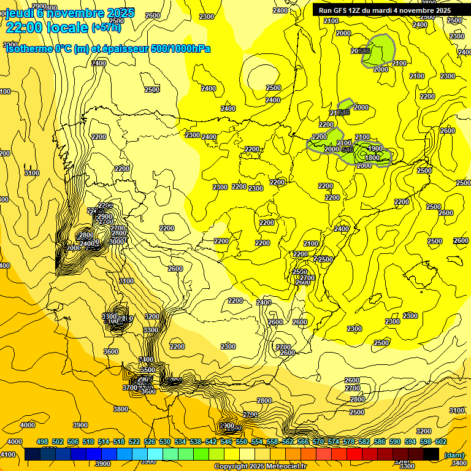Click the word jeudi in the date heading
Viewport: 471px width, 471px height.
tap(20, 12)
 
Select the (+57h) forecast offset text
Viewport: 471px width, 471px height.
tap(105, 27)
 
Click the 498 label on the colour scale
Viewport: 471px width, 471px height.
tap(42, 442)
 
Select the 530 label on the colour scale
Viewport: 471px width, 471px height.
tap(164, 442)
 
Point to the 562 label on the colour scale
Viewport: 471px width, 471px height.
tap(287, 442)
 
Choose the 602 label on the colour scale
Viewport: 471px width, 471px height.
tap(440, 442)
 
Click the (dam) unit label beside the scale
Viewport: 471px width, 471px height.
tap(454, 455)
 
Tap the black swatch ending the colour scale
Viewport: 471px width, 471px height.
tap(431, 454)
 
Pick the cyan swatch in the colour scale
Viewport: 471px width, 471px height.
tap(155, 454)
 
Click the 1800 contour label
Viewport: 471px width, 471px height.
tap(372, 158)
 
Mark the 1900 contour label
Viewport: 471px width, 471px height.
tap(375, 149)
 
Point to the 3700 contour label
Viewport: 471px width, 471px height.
tap(129, 388)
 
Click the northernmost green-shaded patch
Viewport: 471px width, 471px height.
tap(380, 48)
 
